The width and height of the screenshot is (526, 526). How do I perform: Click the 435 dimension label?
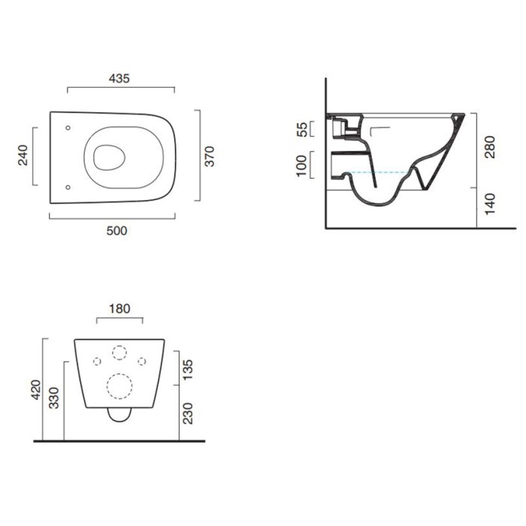pyautogui.click(x=119, y=78)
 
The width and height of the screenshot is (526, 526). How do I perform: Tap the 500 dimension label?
pyautogui.click(x=116, y=231)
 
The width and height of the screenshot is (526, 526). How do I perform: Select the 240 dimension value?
pyautogui.click(x=23, y=155)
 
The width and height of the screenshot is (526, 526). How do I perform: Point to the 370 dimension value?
pyautogui.click(x=210, y=156)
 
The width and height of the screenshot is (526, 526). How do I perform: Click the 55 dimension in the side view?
pyautogui.click(x=302, y=129)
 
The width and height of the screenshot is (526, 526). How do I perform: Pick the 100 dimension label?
pyautogui.click(x=301, y=165)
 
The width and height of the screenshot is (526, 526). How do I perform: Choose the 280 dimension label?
pyautogui.click(x=490, y=147)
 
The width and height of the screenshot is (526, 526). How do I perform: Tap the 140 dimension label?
pyautogui.click(x=490, y=204)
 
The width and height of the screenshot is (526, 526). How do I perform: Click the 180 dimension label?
pyautogui.click(x=119, y=309)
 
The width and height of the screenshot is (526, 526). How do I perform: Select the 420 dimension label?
pyautogui.click(x=35, y=389)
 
